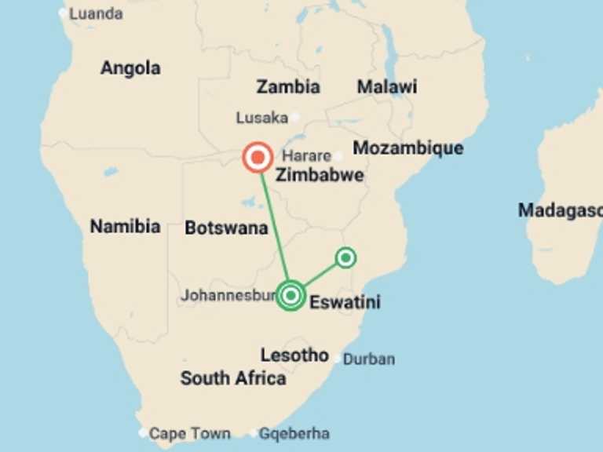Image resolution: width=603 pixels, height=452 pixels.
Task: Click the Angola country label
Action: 130,68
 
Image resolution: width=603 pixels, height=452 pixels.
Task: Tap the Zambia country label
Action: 288,87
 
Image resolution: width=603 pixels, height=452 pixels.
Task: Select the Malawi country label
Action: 387,87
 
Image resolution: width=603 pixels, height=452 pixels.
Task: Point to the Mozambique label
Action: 408,148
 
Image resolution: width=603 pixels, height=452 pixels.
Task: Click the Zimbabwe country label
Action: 320,175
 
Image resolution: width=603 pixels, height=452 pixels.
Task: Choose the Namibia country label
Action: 125,227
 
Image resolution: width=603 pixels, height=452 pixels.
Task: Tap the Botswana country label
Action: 226,228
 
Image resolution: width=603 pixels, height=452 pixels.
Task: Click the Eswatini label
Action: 345,301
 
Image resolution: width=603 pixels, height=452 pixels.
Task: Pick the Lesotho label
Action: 294,355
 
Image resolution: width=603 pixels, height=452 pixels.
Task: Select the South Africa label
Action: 233,378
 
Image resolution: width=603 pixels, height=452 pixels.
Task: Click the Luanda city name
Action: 96,13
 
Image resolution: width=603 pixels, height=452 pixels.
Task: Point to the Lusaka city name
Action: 262,118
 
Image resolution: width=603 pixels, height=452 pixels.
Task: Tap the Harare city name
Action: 307,155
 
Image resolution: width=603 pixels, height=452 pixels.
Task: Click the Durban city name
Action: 369,359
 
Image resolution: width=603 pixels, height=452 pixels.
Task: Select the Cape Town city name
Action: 190,433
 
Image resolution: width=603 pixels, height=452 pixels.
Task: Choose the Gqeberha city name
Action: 294,433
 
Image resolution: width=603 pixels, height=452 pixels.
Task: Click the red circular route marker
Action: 257,158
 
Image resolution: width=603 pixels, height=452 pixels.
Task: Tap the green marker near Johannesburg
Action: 291,295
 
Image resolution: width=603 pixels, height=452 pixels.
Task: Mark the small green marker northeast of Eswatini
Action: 345,257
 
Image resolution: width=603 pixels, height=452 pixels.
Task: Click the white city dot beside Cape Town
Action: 143,432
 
